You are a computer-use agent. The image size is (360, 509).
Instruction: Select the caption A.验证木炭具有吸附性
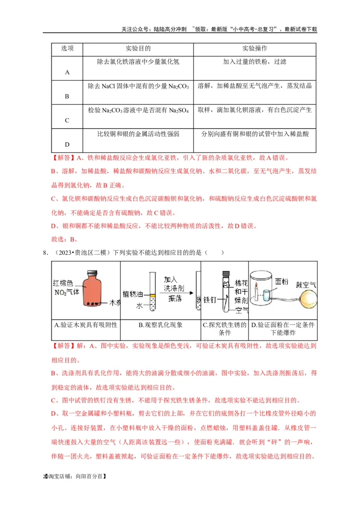tap(85, 325)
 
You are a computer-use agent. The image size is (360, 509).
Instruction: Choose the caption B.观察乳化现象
tap(160, 325)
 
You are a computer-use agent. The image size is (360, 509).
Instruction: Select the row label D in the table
tap(67, 144)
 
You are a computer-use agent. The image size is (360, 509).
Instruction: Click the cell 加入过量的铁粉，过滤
tap(255, 62)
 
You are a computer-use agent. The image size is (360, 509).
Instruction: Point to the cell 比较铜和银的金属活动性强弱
tap(138, 134)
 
